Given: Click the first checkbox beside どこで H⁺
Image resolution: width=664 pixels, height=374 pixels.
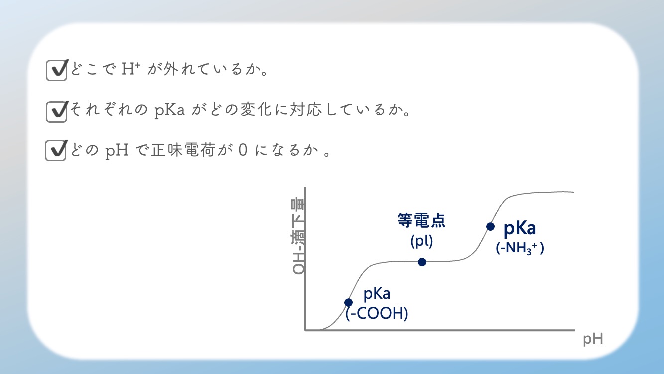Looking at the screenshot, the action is (57, 70).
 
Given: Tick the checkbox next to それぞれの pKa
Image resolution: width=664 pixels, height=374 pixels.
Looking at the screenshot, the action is (57, 112).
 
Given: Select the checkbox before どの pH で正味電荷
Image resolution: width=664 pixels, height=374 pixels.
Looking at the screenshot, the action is (56, 150).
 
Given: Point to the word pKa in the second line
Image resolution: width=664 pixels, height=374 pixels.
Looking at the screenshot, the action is (169, 110).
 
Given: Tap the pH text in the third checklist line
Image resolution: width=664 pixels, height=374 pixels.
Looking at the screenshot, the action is (117, 150).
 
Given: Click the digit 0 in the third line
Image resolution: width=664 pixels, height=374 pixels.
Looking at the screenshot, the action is (243, 150).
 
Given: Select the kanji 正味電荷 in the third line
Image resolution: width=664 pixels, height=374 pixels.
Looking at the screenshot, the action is (183, 149).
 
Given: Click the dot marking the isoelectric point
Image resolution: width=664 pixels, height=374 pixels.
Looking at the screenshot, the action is (422, 262).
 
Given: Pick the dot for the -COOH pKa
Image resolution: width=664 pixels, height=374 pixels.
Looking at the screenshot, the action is (349, 303).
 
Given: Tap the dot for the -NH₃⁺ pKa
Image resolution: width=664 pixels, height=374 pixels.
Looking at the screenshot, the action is (490, 227).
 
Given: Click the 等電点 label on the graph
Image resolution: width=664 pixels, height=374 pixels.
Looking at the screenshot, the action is (421, 220).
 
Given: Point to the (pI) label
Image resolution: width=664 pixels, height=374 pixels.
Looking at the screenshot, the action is (421, 241).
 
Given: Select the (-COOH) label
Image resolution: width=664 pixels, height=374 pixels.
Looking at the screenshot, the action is (377, 314).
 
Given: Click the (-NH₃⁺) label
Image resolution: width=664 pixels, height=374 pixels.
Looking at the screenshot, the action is (520, 248).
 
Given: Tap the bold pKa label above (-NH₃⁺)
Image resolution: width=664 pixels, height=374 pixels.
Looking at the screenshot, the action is (520, 229).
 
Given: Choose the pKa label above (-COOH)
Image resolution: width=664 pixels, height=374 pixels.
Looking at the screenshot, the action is (377, 294).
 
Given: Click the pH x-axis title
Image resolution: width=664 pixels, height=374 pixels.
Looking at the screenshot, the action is (593, 339).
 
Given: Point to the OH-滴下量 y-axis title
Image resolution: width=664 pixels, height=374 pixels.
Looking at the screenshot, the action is (298, 236).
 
